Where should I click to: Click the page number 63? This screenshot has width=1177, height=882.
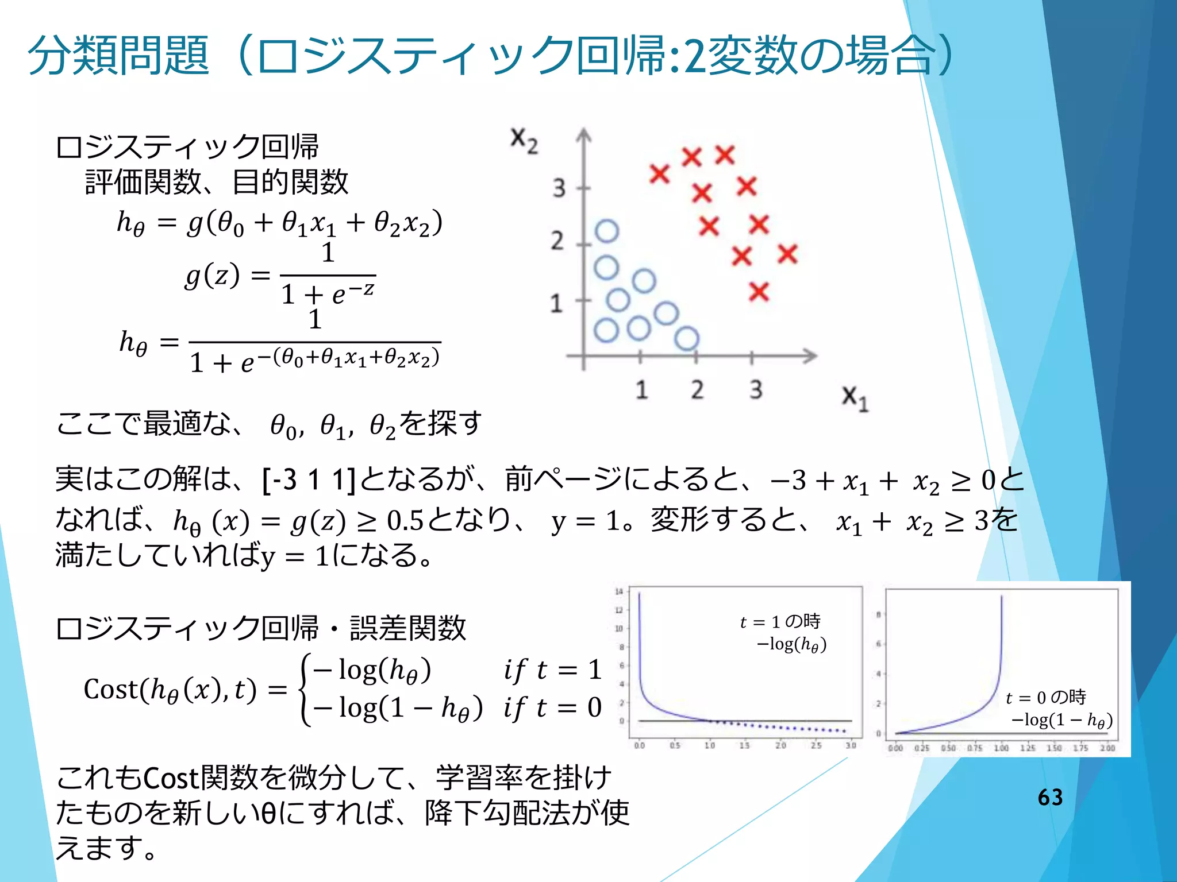click(1050, 797)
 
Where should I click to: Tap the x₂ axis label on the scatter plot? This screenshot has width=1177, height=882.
click(524, 141)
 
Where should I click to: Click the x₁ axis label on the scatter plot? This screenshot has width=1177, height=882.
click(855, 398)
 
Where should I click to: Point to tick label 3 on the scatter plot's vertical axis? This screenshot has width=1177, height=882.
click(559, 188)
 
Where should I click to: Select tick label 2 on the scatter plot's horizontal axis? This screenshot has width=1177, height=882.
click(697, 390)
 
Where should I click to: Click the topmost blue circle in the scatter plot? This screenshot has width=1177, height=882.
click(607, 231)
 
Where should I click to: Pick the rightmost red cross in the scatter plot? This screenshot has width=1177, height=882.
click(787, 254)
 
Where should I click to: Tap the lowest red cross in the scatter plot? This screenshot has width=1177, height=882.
click(759, 292)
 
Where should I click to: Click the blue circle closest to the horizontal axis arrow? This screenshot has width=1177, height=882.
click(687, 338)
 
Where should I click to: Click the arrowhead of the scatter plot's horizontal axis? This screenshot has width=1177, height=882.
click(810, 356)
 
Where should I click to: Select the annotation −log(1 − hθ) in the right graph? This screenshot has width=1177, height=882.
click(1062, 720)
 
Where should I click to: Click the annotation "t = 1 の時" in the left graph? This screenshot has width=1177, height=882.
click(780, 622)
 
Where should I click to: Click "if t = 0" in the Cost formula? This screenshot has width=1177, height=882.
click(552, 707)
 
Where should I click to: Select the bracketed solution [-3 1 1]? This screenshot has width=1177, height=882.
click(309, 479)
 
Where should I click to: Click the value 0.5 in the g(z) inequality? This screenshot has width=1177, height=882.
click(405, 521)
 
